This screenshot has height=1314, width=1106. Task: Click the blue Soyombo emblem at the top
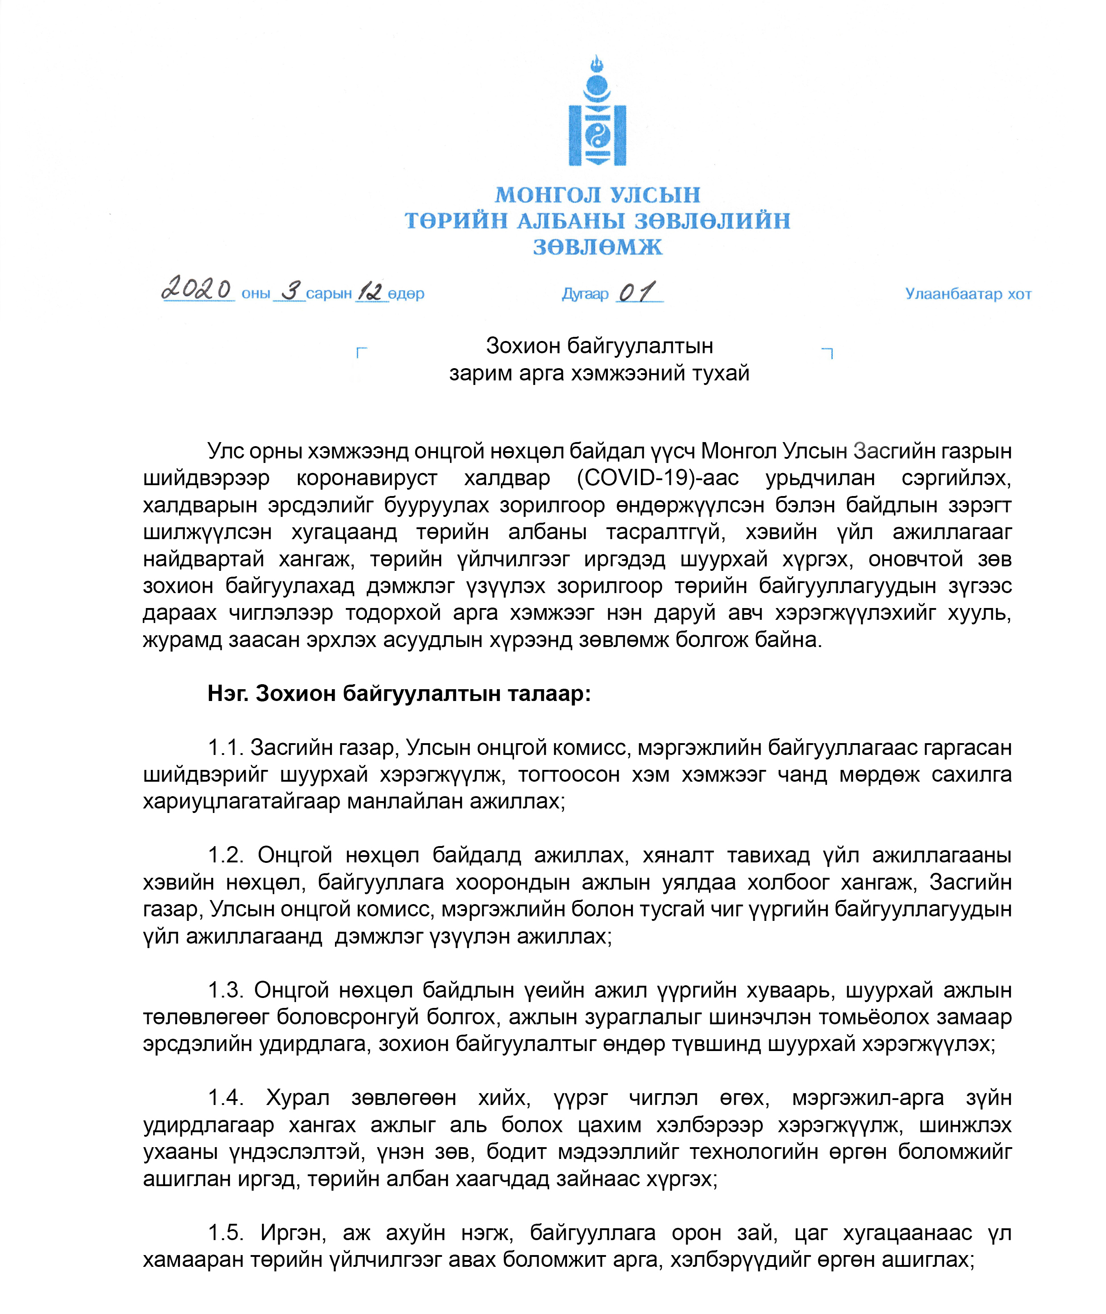[597, 112]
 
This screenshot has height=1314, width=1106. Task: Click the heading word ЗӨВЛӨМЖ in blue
[597, 247]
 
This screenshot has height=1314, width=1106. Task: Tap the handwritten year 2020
[197, 289]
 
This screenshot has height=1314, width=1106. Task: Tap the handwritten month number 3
[290, 291]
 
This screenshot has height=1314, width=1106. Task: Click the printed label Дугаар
[585, 294]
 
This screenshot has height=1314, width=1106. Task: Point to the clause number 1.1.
[226, 748]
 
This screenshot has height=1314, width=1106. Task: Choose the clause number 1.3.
[226, 990]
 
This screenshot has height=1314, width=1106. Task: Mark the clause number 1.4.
[226, 1098]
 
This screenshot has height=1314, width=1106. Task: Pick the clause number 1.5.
[226, 1232]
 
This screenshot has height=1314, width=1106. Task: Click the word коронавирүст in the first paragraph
[367, 478]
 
